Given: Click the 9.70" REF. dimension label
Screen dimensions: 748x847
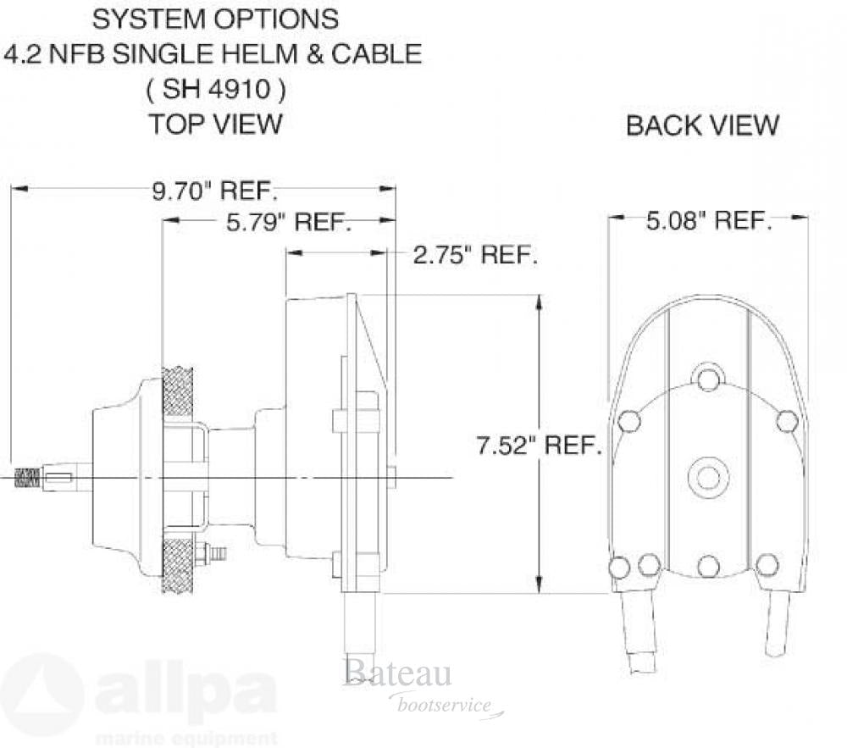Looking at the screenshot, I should [x=215, y=191].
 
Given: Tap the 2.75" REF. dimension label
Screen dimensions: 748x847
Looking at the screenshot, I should [x=475, y=255].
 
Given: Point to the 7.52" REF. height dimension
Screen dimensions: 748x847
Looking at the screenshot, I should [x=539, y=446].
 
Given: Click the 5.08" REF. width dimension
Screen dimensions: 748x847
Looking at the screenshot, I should [x=709, y=221].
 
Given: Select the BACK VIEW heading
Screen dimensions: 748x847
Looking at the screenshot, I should [x=702, y=125].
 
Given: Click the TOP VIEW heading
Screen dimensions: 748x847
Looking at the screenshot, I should [x=215, y=124].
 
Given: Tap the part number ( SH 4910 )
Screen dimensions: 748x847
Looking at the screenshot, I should [x=215, y=89].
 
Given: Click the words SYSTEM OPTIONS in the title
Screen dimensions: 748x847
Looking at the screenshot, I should [x=215, y=19].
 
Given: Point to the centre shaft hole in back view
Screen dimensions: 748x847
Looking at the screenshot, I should [x=707, y=478].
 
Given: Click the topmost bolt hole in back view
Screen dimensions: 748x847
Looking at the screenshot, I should [x=708, y=378].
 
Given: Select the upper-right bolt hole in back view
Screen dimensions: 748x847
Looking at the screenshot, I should [x=787, y=421].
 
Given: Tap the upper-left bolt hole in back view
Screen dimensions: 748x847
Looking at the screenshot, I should [x=629, y=421].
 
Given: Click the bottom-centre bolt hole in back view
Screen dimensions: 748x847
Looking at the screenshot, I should [x=708, y=566].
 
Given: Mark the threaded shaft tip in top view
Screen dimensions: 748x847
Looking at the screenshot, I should [x=27, y=478].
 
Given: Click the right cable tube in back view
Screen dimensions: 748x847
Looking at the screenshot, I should [x=777, y=623].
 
